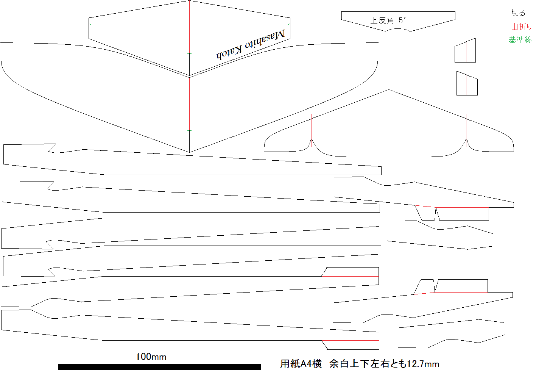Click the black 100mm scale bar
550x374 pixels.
tap(160, 367)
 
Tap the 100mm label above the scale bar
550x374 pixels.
tap(151, 357)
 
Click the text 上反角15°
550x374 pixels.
tap(388, 20)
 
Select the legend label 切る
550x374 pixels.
tap(518, 13)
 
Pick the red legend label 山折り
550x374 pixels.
tap(521, 27)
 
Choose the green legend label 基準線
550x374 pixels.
tap(520, 39)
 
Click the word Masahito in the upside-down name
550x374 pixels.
tap(265, 39)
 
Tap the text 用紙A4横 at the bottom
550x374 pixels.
tap(301, 364)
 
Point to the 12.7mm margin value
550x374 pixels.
tap(423, 364)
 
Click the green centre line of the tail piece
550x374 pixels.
tap(389, 125)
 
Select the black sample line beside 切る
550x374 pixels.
tap(496, 15)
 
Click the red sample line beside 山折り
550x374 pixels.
tap(496, 27)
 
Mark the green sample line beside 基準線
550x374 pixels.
tap(497, 40)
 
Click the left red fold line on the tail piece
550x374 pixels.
tap(312, 130)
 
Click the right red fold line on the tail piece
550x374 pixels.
tap(466, 130)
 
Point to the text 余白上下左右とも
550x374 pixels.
tap(368, 364)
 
